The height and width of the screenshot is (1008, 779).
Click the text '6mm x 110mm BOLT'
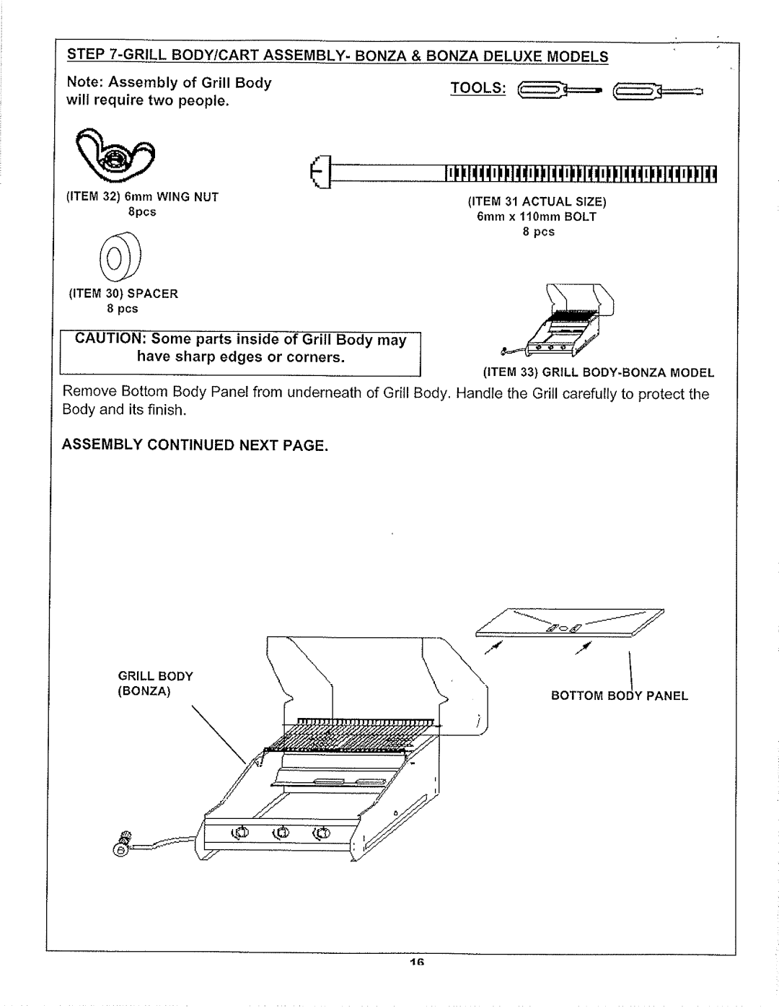point(536,216)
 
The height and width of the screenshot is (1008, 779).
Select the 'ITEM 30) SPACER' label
point(123,294)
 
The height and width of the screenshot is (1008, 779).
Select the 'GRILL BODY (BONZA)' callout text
point(155,683)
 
